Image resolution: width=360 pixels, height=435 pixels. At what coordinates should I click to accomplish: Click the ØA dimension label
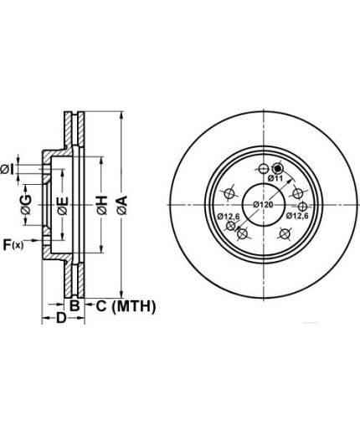coord(122,205)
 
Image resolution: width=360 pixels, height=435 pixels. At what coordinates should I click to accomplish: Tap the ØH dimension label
coord(102,205)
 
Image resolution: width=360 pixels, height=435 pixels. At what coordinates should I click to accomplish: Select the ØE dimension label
coord(63,206)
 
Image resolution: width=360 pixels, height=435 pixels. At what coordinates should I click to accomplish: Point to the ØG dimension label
coord(26,205)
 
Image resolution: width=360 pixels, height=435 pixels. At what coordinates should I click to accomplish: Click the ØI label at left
coord(7,170)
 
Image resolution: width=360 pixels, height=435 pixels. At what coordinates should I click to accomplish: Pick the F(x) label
coord(13,245)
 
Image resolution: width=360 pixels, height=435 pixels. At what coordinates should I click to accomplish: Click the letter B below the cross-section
coord(75,305)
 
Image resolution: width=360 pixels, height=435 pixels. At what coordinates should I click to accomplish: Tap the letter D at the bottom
coord(61,318)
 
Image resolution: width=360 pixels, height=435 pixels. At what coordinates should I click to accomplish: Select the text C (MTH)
coord(126,306)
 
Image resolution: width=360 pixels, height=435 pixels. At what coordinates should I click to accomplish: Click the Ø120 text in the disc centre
coord(263,205)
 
